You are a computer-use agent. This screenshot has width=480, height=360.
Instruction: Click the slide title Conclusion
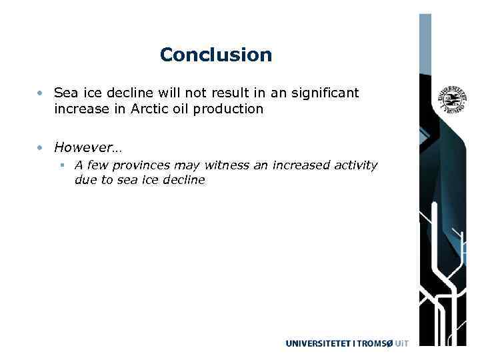pyautogui.click(x=216, y=55)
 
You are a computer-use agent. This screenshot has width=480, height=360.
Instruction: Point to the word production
pyautogui.click(x=230, y=109)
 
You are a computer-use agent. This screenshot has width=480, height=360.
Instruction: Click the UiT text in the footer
pyautogui.click(x=401, y=343)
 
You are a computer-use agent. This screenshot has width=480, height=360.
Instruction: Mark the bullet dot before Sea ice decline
pyautogui.click(x=41, y=93)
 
